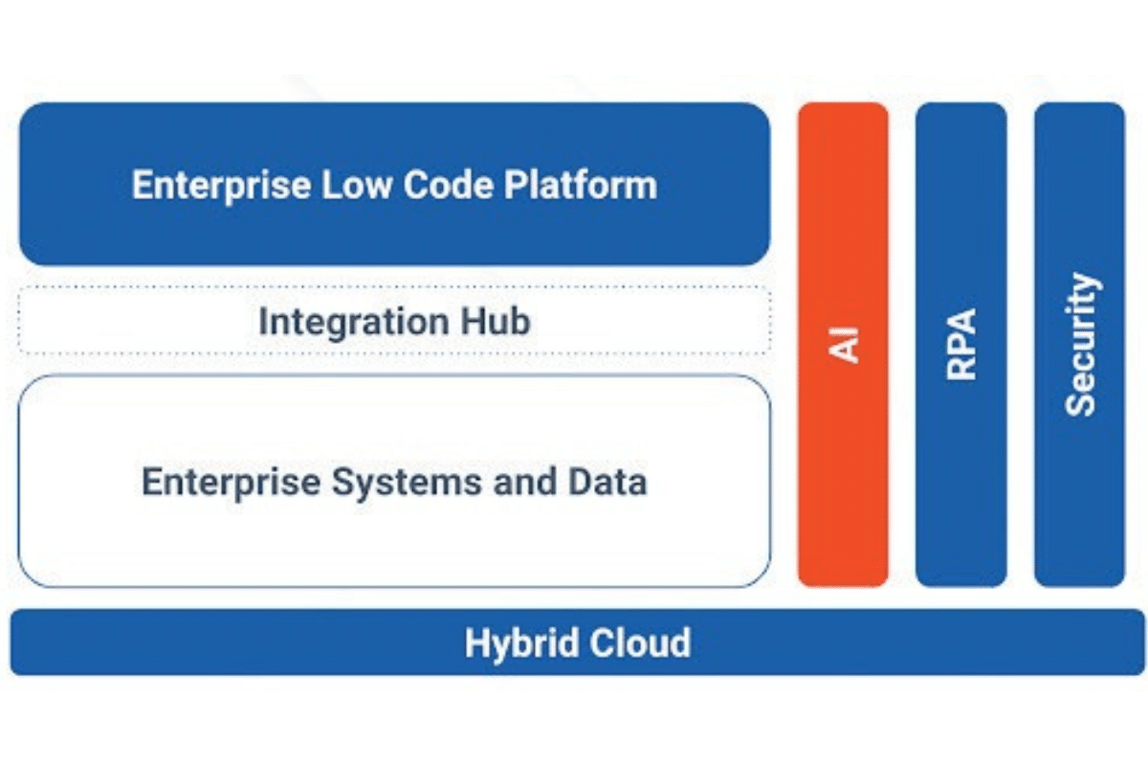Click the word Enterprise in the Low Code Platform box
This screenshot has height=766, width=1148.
[221, 186]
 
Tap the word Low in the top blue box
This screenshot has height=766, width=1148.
[357, 185]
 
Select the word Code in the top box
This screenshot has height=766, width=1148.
[448, 185]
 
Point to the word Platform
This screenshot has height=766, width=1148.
[580, 185]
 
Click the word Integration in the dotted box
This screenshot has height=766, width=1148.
[354, 323]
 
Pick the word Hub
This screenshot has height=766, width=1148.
[496, 321]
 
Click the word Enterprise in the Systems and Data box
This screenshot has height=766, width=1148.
[232, 483]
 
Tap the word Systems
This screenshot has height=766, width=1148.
[407, 483]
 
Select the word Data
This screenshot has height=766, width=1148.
[607, 482]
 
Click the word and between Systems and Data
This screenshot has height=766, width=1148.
[525, 482]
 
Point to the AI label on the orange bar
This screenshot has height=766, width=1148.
[844, 345]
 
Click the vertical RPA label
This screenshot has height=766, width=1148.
[961, 345]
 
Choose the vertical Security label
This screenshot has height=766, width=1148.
[1080, 345]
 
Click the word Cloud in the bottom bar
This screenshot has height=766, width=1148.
[640, 642]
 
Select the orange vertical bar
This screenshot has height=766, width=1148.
[843, 345]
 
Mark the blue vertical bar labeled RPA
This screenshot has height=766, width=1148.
[961, 345]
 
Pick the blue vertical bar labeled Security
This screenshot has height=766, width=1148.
[1080, 345]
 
